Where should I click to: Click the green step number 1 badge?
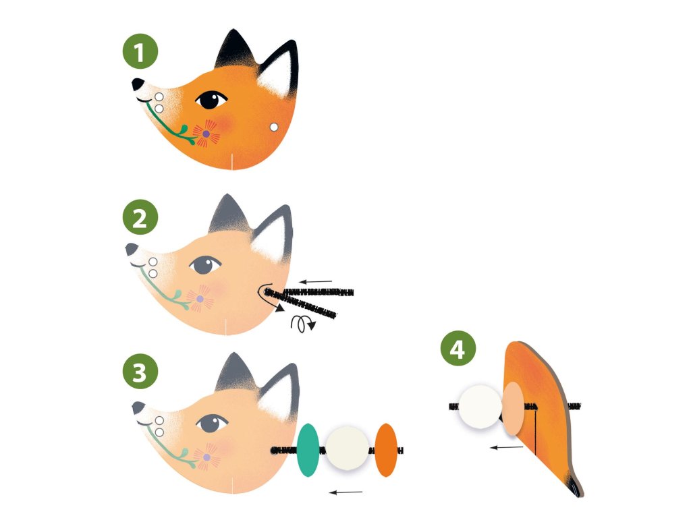(x=140, y=51)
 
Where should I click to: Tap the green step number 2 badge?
(x=140, y=217)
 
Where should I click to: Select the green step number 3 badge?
(x=140, y=372)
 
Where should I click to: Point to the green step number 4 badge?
(x=458, y=349)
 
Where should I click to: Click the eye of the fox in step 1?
(x=211, y=100)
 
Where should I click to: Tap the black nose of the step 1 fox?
(x=138, y=84)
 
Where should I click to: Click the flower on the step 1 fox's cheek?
(x=206, y=133)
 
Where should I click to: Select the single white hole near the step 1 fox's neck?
(x=274, y=127)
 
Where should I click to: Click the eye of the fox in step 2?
(x=205, y=264)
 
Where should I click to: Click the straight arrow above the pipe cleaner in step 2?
(x=316, y=281)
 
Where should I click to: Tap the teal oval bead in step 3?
(x=308, y=450)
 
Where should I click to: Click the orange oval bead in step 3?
(x=386, y=450)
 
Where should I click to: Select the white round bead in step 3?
(x=348, y=449)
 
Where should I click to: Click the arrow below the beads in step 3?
(x=346, y=492)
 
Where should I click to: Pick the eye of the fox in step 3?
(x=212, y=424)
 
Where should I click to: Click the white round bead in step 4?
(x=480, y=407)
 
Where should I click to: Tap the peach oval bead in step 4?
(x=513, y=409)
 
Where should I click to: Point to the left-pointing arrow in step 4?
(x=507, y=448)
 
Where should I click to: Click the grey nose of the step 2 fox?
(x=131, y=249)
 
